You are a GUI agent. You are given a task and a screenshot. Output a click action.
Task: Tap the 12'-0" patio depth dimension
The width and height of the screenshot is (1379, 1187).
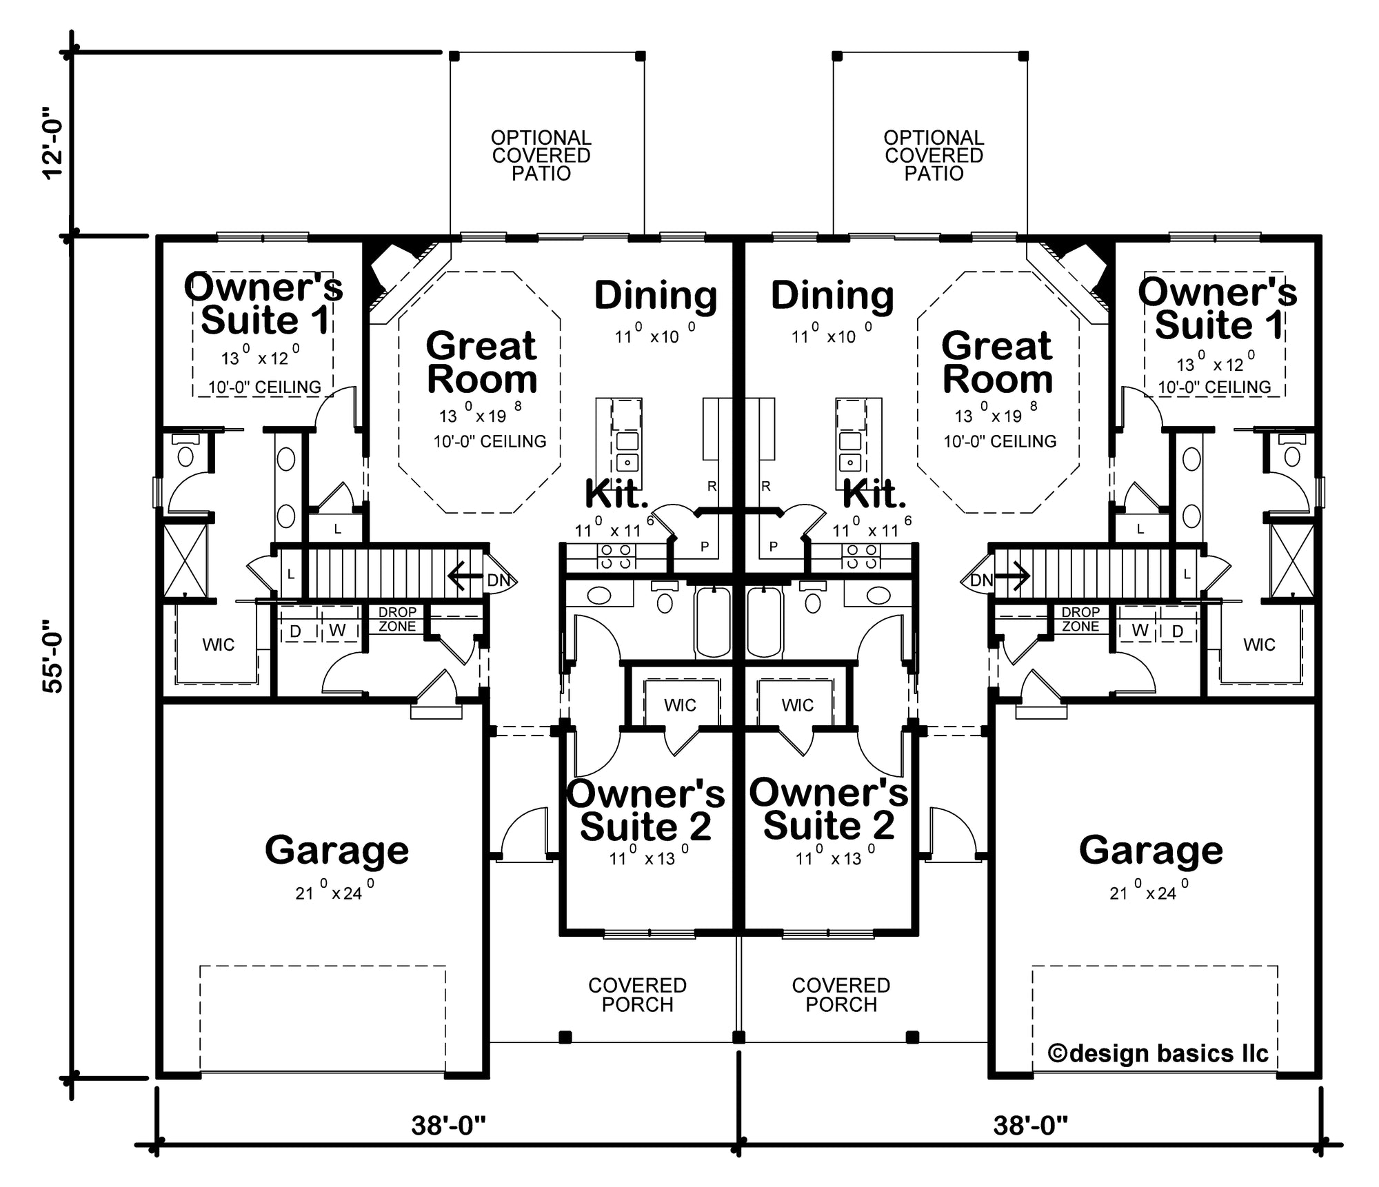52,143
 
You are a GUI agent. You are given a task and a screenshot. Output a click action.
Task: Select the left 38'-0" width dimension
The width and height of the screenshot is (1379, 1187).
449,1126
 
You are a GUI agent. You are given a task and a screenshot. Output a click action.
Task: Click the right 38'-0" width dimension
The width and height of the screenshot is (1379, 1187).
1031,1126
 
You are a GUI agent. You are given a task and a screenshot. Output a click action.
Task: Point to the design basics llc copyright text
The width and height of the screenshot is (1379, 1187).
1158,1053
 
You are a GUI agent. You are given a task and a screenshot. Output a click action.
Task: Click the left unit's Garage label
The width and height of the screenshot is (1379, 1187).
337,851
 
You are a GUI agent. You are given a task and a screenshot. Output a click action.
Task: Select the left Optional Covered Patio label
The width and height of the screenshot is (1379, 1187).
541,156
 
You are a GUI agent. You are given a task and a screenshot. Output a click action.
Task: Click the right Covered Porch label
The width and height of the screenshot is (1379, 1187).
841,995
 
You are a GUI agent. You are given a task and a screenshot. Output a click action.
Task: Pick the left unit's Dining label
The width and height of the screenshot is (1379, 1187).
656,296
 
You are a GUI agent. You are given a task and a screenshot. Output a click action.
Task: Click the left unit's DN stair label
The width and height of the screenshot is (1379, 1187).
499,580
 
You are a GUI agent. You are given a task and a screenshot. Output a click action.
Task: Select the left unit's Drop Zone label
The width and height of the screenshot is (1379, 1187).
397,619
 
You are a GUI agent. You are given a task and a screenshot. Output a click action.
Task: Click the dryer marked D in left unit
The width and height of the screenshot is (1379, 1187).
295,631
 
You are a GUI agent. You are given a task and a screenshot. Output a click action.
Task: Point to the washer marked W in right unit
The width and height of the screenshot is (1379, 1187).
1140,631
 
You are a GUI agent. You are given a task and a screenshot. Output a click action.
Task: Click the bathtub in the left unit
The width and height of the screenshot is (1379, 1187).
713,622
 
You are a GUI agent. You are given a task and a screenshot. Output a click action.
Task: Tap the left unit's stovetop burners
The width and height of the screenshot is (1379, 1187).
616,556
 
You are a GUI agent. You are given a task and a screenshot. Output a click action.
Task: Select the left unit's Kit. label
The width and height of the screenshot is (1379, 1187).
616,494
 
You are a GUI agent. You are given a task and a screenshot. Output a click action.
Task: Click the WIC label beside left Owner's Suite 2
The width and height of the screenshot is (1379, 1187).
680,705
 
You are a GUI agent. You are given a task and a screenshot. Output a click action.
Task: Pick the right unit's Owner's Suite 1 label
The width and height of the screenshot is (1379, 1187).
1218,308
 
